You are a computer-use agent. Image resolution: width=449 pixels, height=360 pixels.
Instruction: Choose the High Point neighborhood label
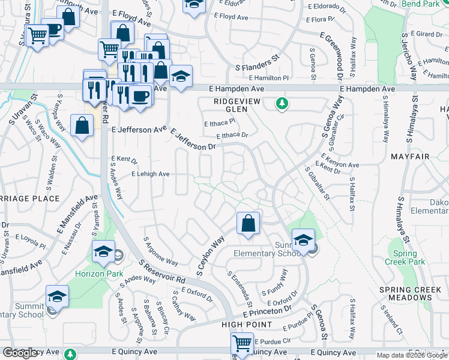247,325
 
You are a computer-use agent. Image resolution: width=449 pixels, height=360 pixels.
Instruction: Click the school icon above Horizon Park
104,251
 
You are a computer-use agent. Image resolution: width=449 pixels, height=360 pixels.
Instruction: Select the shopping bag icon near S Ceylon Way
248,224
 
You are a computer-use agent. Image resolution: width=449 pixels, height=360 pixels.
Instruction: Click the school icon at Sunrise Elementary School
304,241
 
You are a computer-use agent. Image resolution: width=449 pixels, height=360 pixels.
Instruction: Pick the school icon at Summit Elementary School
57,296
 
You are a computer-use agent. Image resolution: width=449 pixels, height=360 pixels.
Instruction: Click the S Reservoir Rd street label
161,271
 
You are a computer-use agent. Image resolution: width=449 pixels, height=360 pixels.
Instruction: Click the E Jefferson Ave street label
139,129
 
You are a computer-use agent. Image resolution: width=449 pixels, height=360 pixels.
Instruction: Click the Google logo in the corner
20,353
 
